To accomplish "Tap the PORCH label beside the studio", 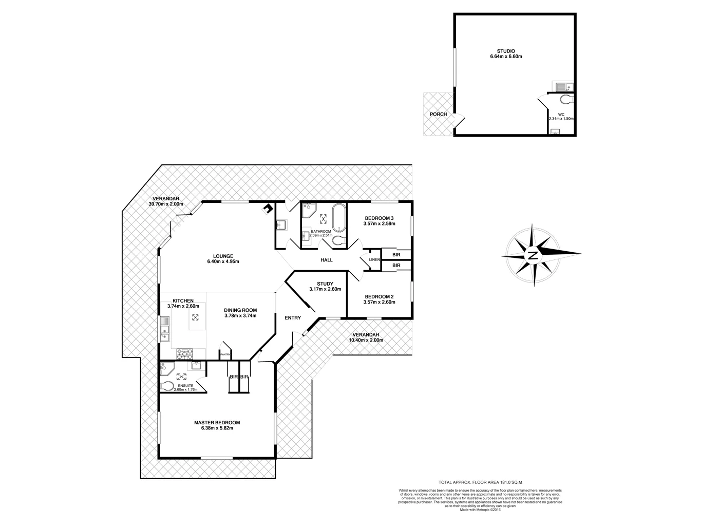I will [x=438, y=114].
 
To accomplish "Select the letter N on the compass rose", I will [x=533, y=255].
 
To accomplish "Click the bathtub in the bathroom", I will [x=339, y=219].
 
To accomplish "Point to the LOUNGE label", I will [x=223, y=256].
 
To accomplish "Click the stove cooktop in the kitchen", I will [x=184, y=353].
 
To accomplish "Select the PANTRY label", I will [x=225, y=354].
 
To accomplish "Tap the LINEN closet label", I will [x=374, y=260].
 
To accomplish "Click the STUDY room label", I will [x=325, y=284].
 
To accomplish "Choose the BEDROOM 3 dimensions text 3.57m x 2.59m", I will [x=379, y=224].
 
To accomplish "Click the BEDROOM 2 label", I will [x=379, y=296].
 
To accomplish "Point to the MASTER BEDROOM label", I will [x=217, y=423].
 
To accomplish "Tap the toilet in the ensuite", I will [x=167, y=386].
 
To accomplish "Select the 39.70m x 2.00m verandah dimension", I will [x=166, y=204].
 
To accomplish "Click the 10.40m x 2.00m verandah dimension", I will [x=366, y=340].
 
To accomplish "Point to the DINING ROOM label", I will [x=240, y=310].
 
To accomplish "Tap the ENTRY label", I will [x=293, y=318].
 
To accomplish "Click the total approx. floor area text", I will [x=480, y=482].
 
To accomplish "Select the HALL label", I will [x=327, y=260].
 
